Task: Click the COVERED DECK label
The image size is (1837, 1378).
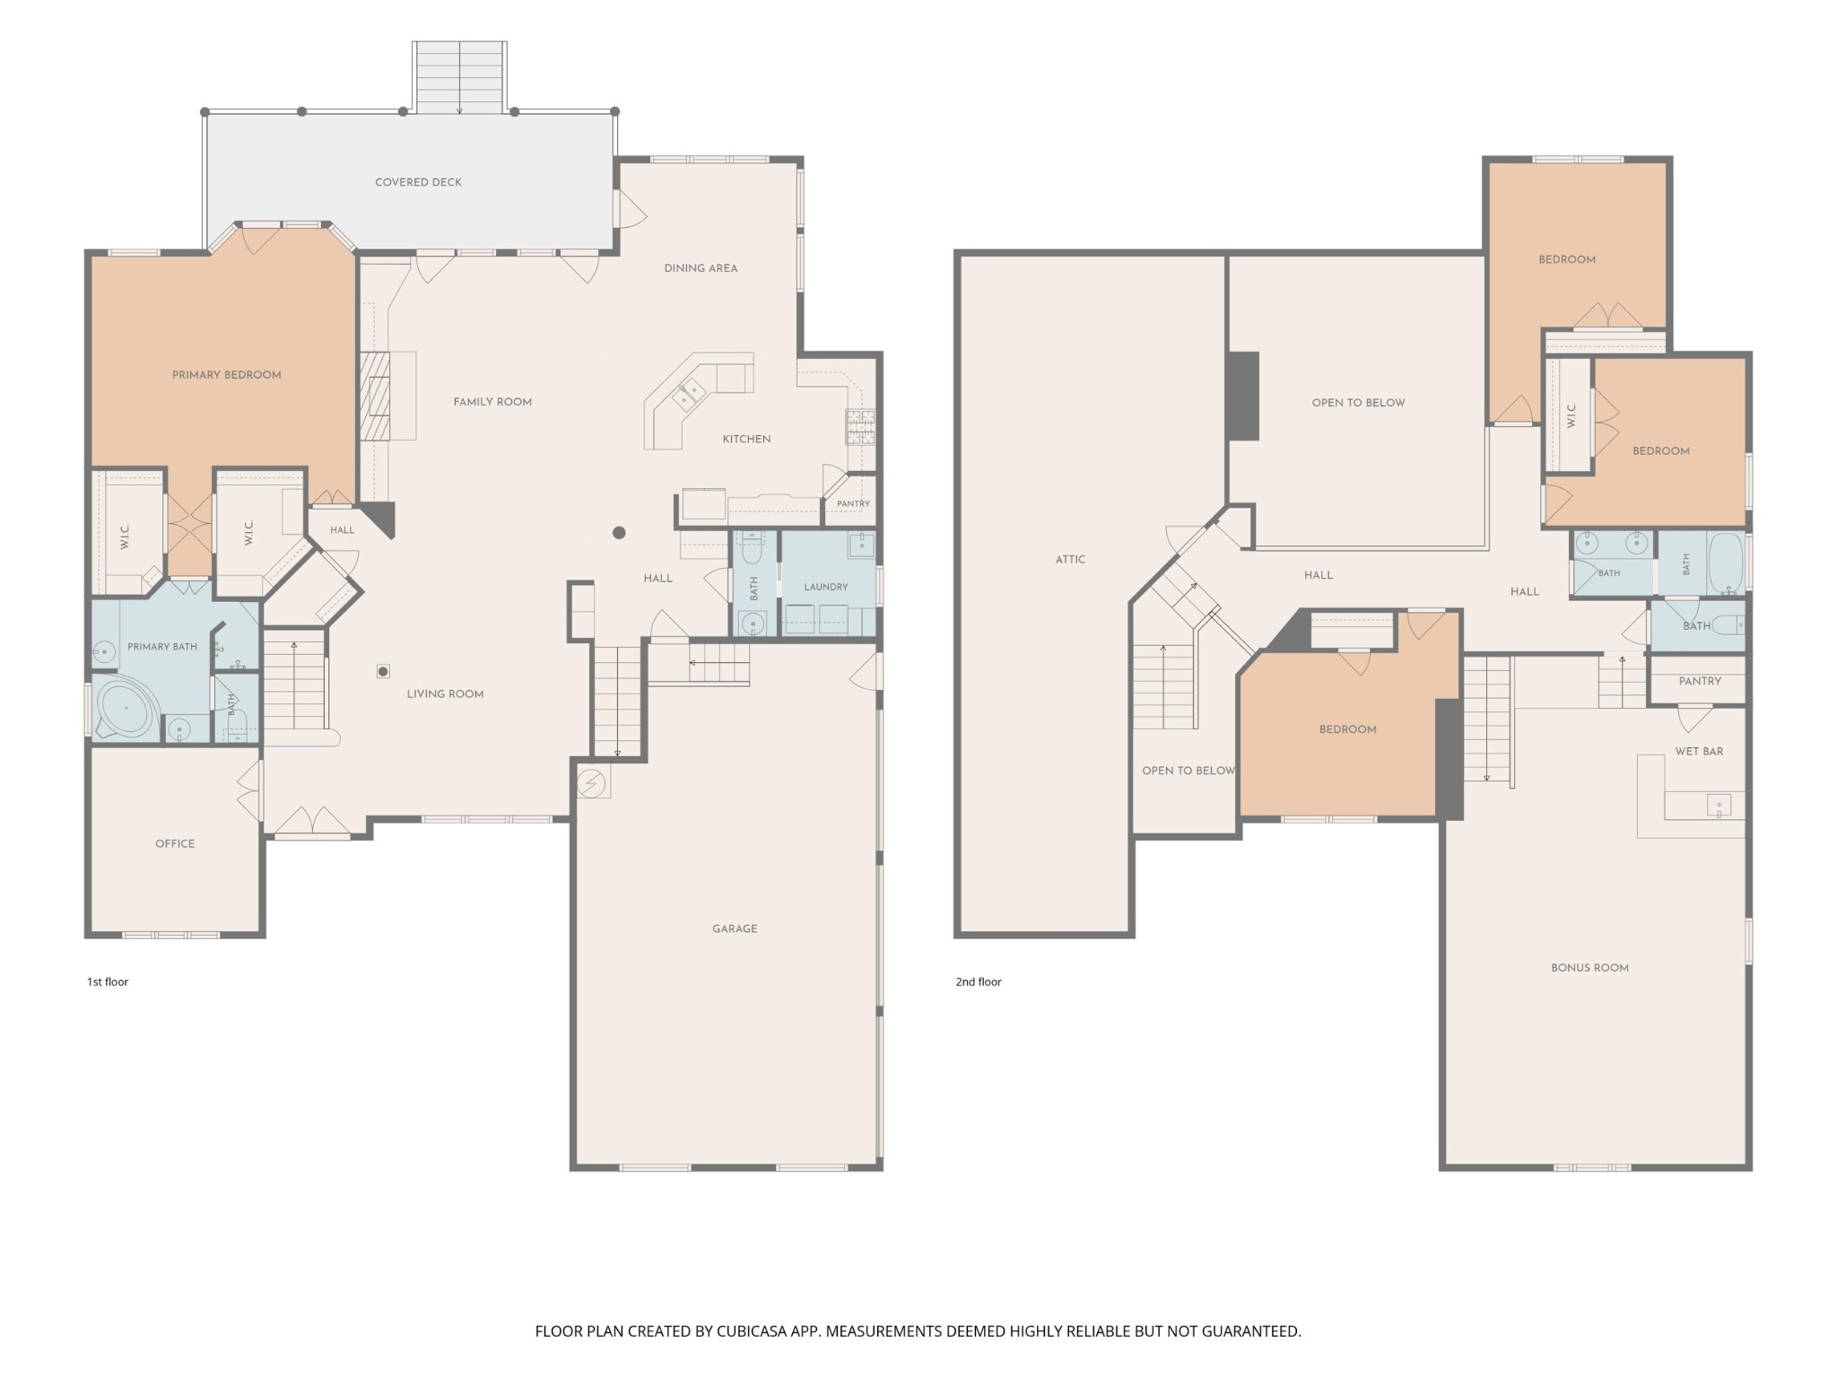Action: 418,182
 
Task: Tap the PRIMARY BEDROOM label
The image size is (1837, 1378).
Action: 227,375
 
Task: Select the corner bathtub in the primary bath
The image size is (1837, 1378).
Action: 126,709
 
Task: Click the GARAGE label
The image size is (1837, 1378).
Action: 735,929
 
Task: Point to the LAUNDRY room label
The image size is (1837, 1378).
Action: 826,587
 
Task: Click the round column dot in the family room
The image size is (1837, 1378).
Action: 619,533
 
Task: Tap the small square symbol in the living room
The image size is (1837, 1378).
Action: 383,671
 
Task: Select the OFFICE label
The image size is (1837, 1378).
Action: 175,843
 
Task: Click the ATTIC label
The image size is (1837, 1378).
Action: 1070,559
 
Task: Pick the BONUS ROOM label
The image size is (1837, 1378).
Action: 1589,967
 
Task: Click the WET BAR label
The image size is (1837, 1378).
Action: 1699,751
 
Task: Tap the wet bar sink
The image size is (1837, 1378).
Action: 1719,806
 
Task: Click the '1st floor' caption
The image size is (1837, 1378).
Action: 108,981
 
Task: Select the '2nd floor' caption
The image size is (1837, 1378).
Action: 979,981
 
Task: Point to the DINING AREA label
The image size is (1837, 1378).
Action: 701,268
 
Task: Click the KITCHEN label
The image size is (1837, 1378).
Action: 746,439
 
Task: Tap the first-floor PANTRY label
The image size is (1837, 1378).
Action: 853,503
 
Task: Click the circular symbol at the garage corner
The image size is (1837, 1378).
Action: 591,784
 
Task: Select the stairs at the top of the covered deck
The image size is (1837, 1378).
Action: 459,77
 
